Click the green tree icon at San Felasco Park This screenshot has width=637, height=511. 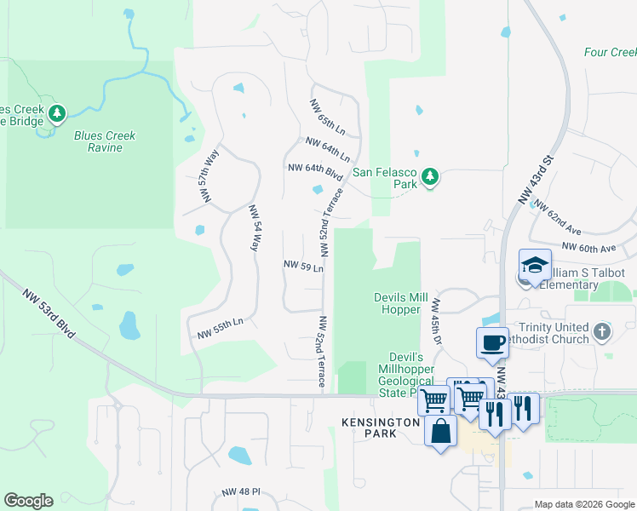pos(430,177)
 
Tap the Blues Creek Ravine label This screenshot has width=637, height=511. pos(105,141)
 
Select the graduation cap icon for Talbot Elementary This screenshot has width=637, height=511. pos(536,267)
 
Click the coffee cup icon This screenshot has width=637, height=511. pos(493,342)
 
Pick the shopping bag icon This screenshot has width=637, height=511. pos(440,429)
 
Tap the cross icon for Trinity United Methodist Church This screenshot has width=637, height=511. pos(602,330)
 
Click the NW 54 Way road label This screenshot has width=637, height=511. pos(253,227)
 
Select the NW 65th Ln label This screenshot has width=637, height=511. pos(327,118)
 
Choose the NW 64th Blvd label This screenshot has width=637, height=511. pos(315,171)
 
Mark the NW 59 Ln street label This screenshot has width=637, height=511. pos(303,267)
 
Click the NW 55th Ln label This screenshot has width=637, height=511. pos(221,329)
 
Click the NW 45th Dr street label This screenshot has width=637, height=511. pos(437,321)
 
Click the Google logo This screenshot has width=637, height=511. pos(28,501)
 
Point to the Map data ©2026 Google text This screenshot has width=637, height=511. pos(583,504)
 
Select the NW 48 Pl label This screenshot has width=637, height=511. pos(240,493)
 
